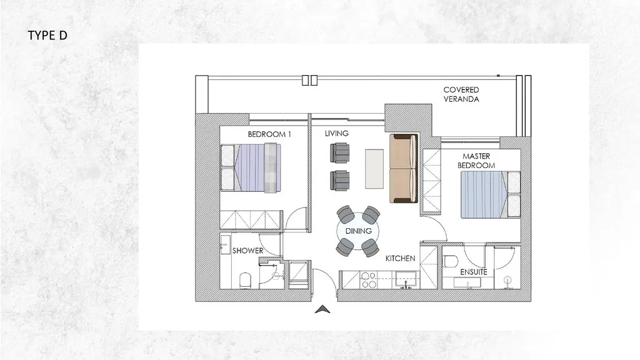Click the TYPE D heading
[47, 36]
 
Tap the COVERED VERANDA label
[461, 94]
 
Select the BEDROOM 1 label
[269, 134]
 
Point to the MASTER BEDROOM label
[476, 161]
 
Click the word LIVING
[337, 134]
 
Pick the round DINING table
[358, 231]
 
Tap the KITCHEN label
[401, 258]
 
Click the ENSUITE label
[474, 272]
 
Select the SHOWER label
[247, 251]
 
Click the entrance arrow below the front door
[322, 309]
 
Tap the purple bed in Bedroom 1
[251, 167]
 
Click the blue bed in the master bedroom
[491, 195]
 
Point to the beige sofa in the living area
[403, 168]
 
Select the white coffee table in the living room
[374, 169]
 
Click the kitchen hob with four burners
[369, 281]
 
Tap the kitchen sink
[406, 280]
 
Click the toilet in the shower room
[245, 281]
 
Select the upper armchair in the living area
[339, 153]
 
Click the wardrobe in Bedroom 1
[251, 219]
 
